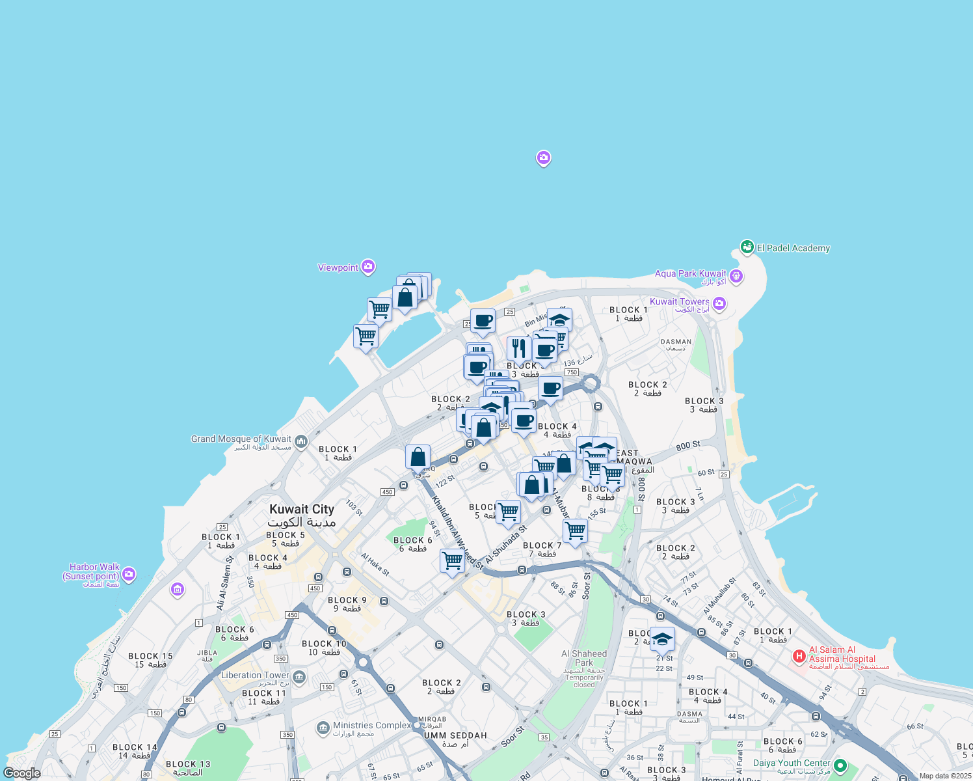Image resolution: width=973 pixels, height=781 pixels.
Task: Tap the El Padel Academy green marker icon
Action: [x=747, y=247]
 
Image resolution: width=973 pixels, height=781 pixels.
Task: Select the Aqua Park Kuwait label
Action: [x=690, y=274]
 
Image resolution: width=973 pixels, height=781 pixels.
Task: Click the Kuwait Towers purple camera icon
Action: [x=719, y=303]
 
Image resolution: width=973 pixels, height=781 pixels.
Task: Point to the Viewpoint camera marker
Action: [x=368, y=266]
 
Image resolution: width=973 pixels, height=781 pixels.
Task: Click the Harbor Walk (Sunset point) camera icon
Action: [x=129, y=573]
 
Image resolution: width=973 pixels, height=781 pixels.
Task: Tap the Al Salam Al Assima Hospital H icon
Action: [x=799, y=656]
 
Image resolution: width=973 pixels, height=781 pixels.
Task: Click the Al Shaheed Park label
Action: [x=584, y=658]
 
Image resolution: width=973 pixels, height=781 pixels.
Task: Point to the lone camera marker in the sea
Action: [x=544, y=158]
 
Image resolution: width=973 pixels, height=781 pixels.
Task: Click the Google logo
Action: [x=21, y=773]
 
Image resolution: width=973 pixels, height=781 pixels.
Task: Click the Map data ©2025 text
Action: [x=945, y=776]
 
